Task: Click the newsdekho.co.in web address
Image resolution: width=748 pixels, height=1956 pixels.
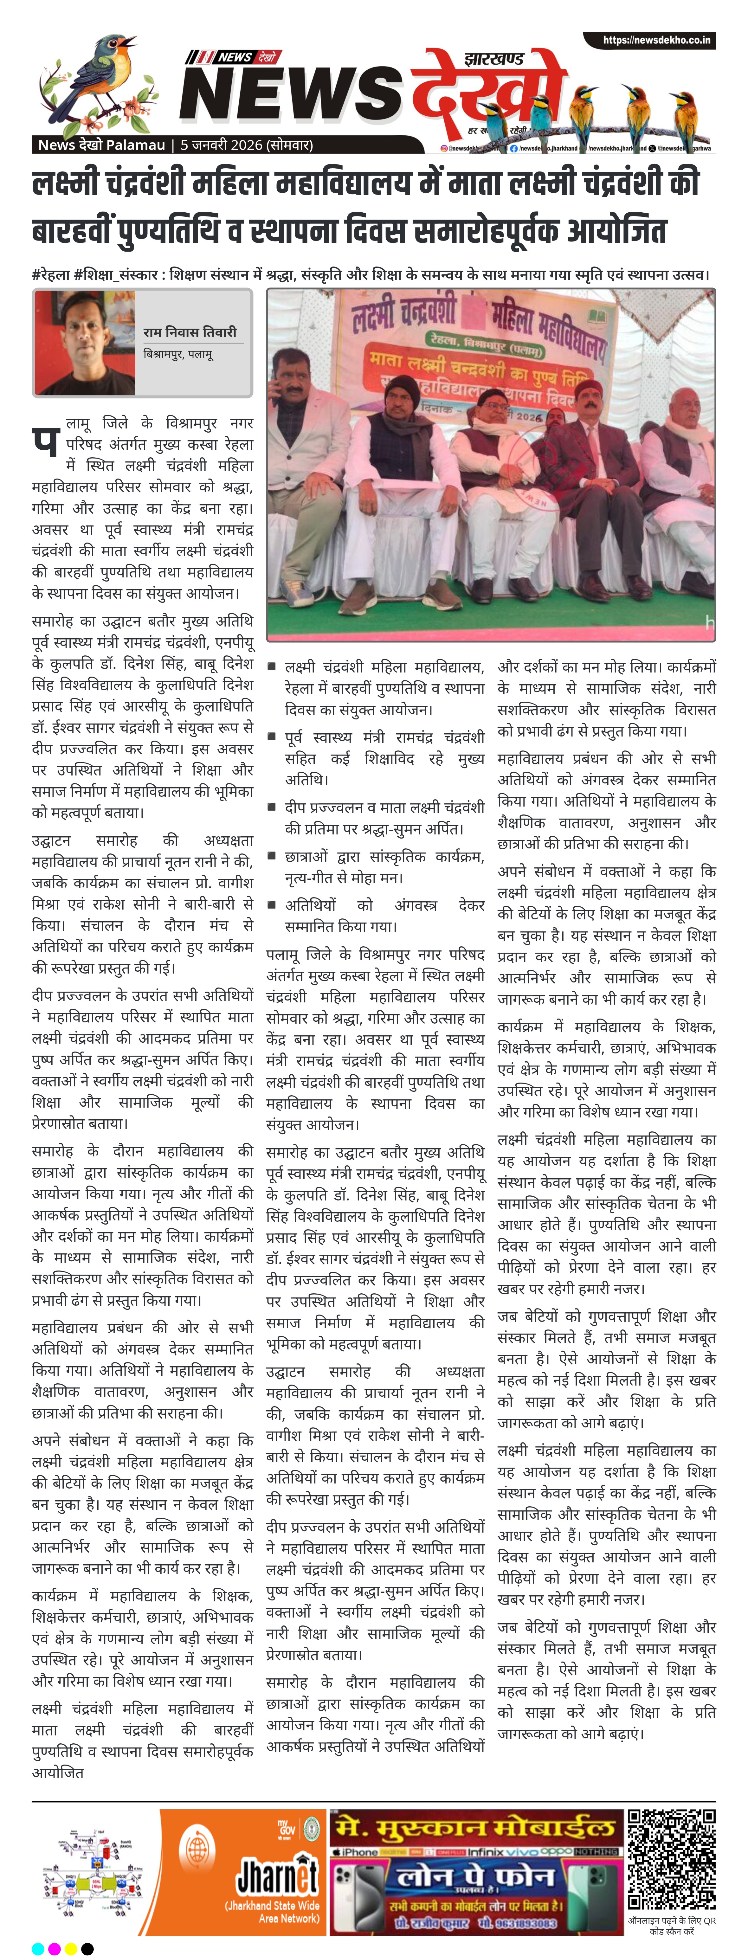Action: [656, 40]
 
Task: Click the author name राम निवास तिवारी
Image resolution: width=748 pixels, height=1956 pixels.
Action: [190, 332]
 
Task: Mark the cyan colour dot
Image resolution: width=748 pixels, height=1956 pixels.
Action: [38, 1948]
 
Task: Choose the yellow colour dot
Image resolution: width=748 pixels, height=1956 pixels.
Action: [71, 1948]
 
